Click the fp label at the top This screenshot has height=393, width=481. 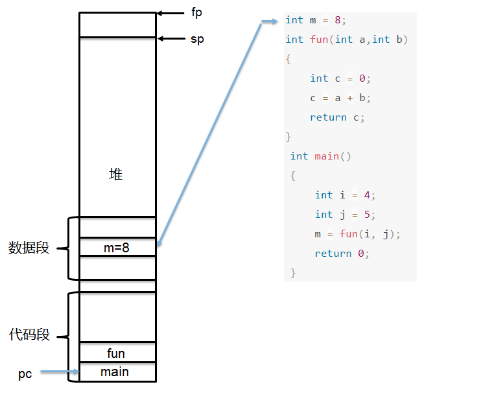[x=196, y=13]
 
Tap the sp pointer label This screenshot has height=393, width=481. [x=197, y=40]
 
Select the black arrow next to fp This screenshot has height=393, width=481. [x=170, y=13]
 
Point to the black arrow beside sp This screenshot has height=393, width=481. [x=172, y=38]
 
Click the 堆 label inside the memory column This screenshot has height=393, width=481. [x=116, y=174]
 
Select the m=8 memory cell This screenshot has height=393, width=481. [x=117, y=246]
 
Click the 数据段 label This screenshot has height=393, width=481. [x=29, y=248]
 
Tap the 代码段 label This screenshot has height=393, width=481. [x=29, y=335]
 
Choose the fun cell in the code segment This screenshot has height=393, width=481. [x=117, y=352]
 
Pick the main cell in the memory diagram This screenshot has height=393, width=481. [x=117, y=372]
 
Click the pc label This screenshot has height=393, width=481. [x=25, y=374]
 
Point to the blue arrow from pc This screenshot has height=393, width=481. [x=60, y=372]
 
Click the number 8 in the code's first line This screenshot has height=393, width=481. [x=338, y=20]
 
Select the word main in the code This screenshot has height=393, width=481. [x=327, y=156]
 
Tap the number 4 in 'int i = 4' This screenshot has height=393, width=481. [x=367, y=195]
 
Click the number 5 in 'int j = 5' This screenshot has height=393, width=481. [x=367, y=215]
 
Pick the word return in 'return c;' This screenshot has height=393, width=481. [x=328, y=117]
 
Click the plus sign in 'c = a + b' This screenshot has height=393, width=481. [x=349, y=98]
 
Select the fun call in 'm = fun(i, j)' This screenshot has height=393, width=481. [x=349, y=234]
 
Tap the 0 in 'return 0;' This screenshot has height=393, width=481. [x=361, y=254]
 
